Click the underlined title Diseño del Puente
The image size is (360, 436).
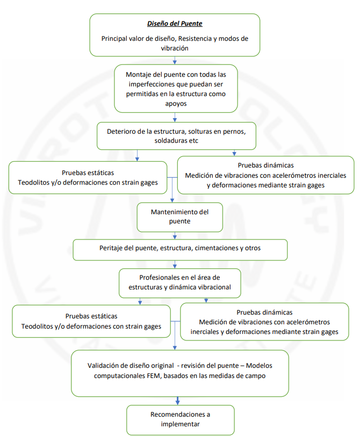[x=175, y=24]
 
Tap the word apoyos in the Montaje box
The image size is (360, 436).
[x=176, y=104]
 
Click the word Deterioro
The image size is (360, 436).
[x=120, y=131]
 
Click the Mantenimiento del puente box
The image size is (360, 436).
[x=179, y=217]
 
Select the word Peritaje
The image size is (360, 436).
[x=111, y=248]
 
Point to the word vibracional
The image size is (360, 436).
[x=215, y=287]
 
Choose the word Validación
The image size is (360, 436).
[x=102, y=365]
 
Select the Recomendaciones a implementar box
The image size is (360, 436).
[x=181, y=420]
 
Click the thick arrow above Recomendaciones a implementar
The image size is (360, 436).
[x=177, y=401]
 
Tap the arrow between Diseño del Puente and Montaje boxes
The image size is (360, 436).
[x=175, y=60]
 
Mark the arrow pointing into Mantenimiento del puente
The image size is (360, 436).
[x=172, y=190]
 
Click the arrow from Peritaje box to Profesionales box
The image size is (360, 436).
[x=175, y=264]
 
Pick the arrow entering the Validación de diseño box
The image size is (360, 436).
[x=175, y=336]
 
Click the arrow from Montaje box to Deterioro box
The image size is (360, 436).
[x=175, y=117]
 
